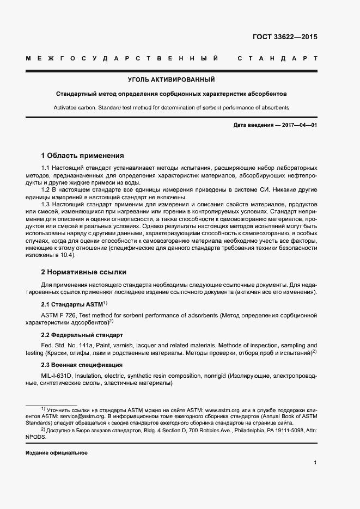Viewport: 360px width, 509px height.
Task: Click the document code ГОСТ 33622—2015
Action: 284,38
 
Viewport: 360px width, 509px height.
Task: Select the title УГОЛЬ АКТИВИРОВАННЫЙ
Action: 172,79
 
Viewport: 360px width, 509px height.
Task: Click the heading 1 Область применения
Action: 83,155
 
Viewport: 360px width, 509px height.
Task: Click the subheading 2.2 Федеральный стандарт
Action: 82,335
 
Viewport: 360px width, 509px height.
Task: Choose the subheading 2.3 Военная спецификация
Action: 82,365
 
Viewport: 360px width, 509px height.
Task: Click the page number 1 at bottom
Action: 315,463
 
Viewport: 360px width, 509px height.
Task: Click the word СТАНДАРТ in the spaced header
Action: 278,58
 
